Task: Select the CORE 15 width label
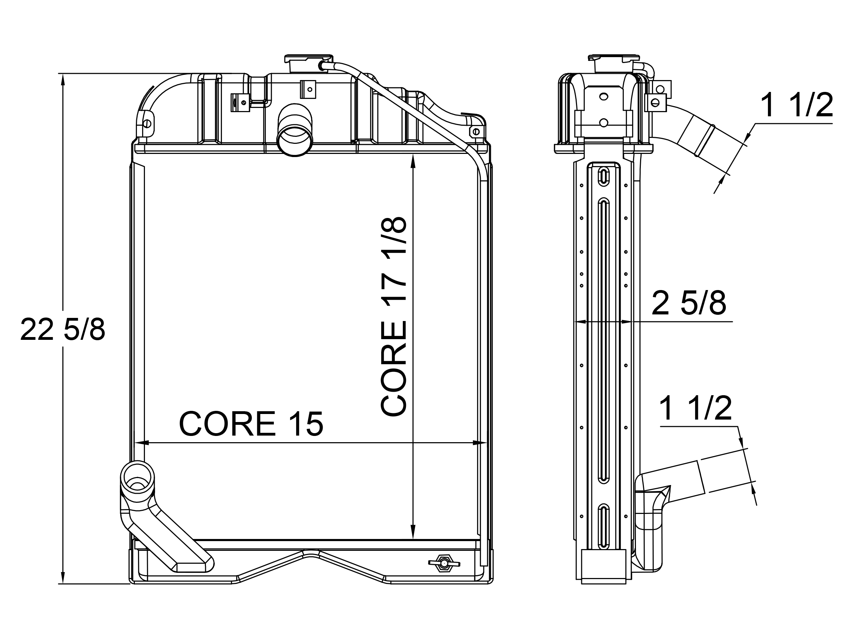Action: pyautogui.click(x=251, y=424)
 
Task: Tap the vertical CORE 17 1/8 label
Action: pyautogui.click(x=394, y=317)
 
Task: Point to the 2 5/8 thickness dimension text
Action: pyautogui.click(x=689, y=303)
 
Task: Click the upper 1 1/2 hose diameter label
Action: pyautogui.click(x=796, y=106)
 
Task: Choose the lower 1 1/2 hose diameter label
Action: pyautogui.click(x=696, y=408)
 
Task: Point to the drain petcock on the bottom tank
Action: pyautogui.click(x=444, y=563)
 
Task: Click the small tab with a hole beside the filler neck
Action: pyautogui.click(x=308, y=90)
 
